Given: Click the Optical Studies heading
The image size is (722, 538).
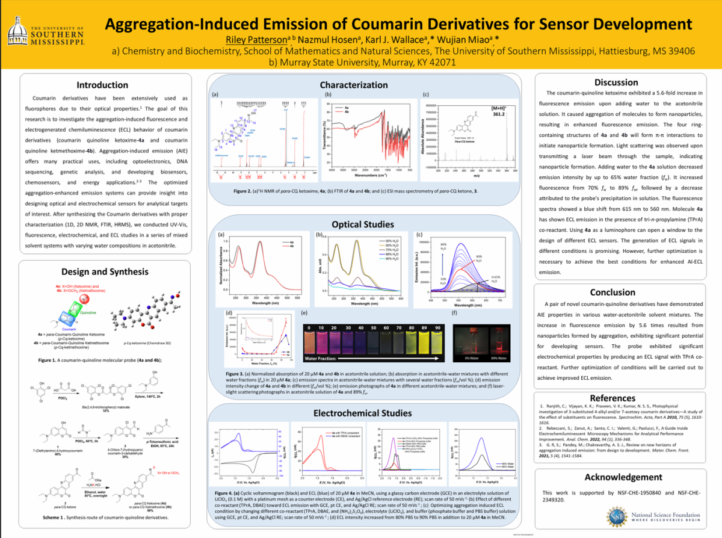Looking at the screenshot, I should [x=362, y=224].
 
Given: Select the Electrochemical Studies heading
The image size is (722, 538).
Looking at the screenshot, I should [x=362, y=413].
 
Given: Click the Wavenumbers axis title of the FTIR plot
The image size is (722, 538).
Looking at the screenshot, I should [x=369, y=176].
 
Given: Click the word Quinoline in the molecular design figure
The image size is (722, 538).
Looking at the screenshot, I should [x=88, y=313].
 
